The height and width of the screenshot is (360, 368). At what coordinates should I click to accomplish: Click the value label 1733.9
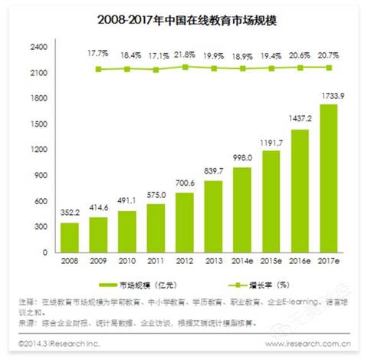(327, 97)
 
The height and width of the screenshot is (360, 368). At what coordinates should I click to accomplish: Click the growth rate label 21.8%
(185, 55)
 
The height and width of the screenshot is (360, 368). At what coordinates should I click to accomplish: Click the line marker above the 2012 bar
(184, 67)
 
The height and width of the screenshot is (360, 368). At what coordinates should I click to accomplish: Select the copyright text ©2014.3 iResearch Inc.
(58, 345)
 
